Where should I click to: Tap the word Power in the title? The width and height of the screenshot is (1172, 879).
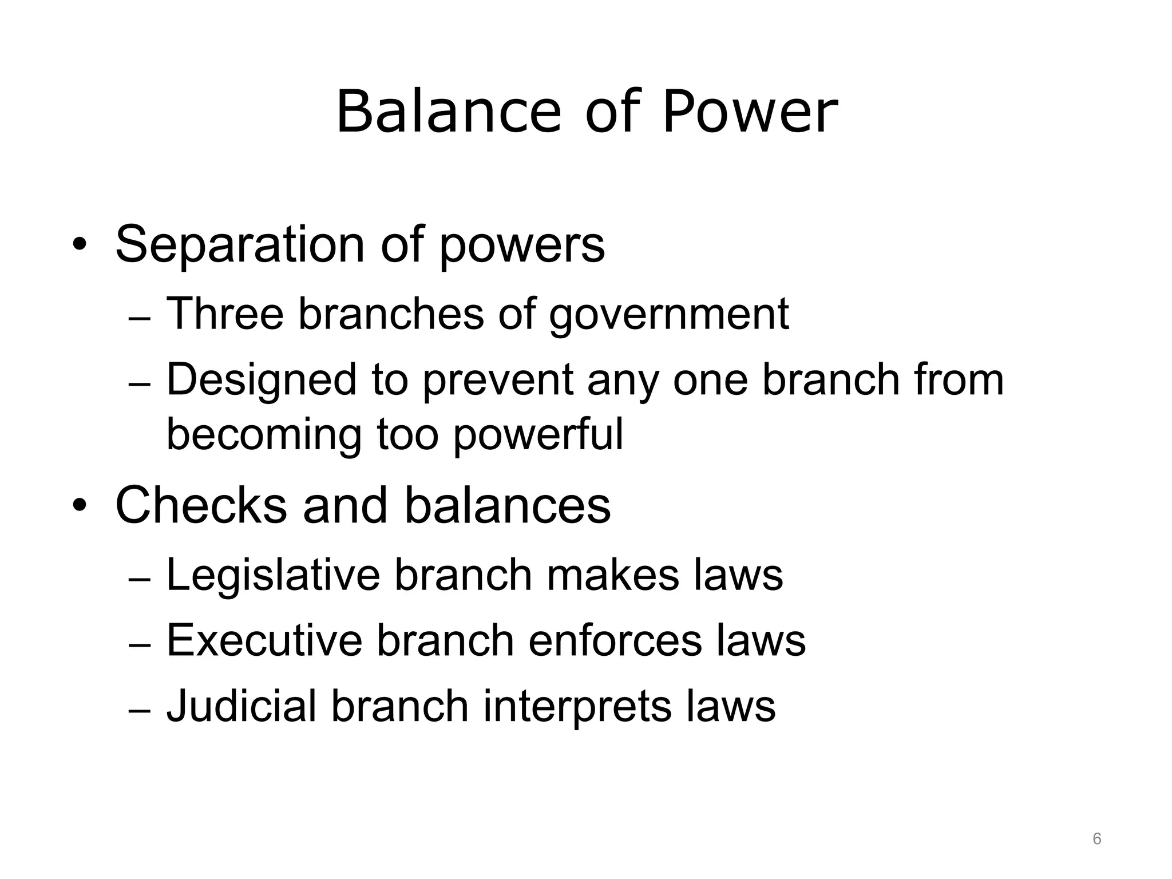click(750, 112)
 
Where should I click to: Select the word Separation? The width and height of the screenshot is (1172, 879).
click(240, 244)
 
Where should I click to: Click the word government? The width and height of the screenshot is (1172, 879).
click(669, 315)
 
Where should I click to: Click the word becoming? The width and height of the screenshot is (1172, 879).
click(264, 435)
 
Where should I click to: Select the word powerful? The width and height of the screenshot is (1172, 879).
click(539, 435)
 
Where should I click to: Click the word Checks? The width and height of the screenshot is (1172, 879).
click(201, 505)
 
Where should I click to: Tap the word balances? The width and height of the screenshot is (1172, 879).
click(508, 505)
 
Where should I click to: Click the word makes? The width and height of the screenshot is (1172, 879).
click(613, 575)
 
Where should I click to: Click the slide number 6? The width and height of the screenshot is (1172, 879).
click(1097, 839)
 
